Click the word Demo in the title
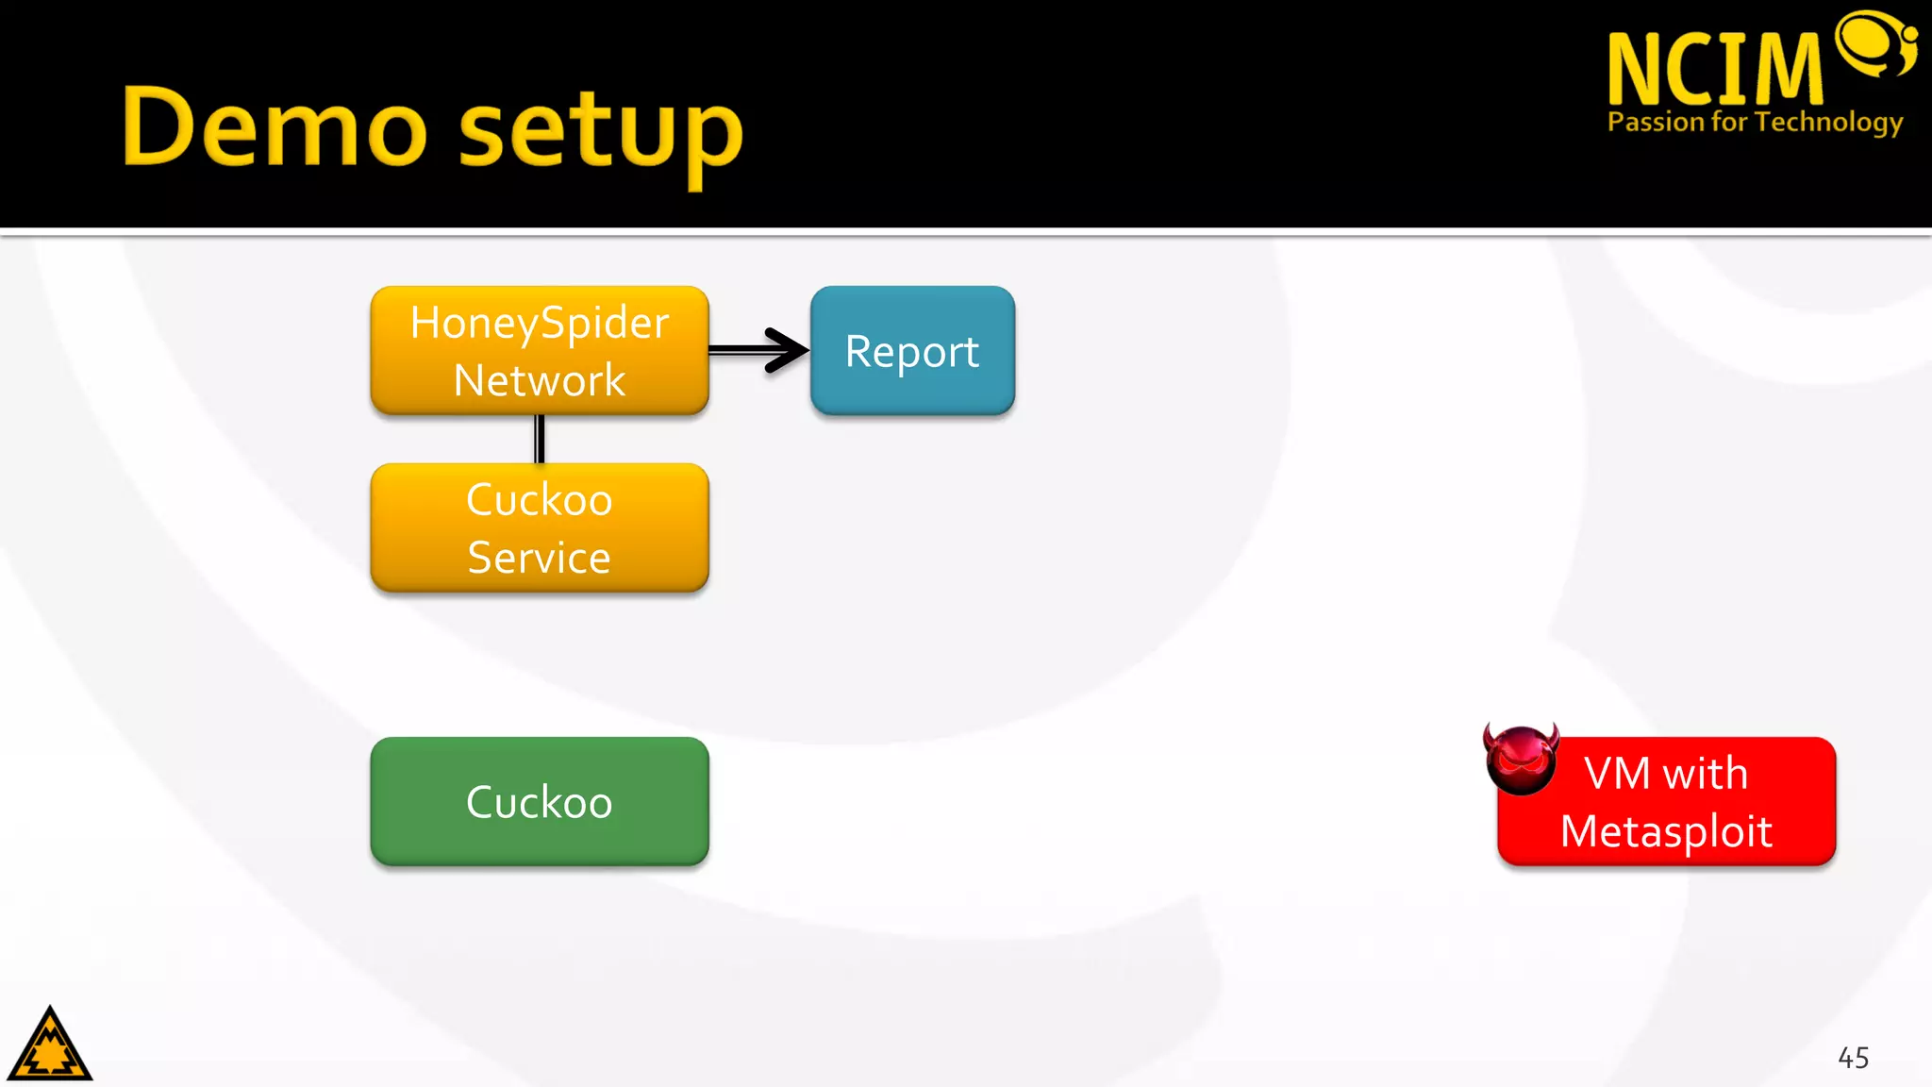coord(274,127)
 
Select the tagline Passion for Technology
coord(1755,122)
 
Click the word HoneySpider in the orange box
coord(539,323)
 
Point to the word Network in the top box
coord(539,380)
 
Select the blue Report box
coord(912,350)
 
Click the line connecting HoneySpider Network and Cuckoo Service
coord(540,439)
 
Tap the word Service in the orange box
coord(539,557)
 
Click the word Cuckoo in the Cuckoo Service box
coord(539,499)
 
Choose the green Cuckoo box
coord(539,801)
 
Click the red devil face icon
coord(1521,759)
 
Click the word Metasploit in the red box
coord(1666,831)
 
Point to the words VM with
coord(1666,774)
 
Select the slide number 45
coord(1853,1058)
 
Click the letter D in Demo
coord(159,125)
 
